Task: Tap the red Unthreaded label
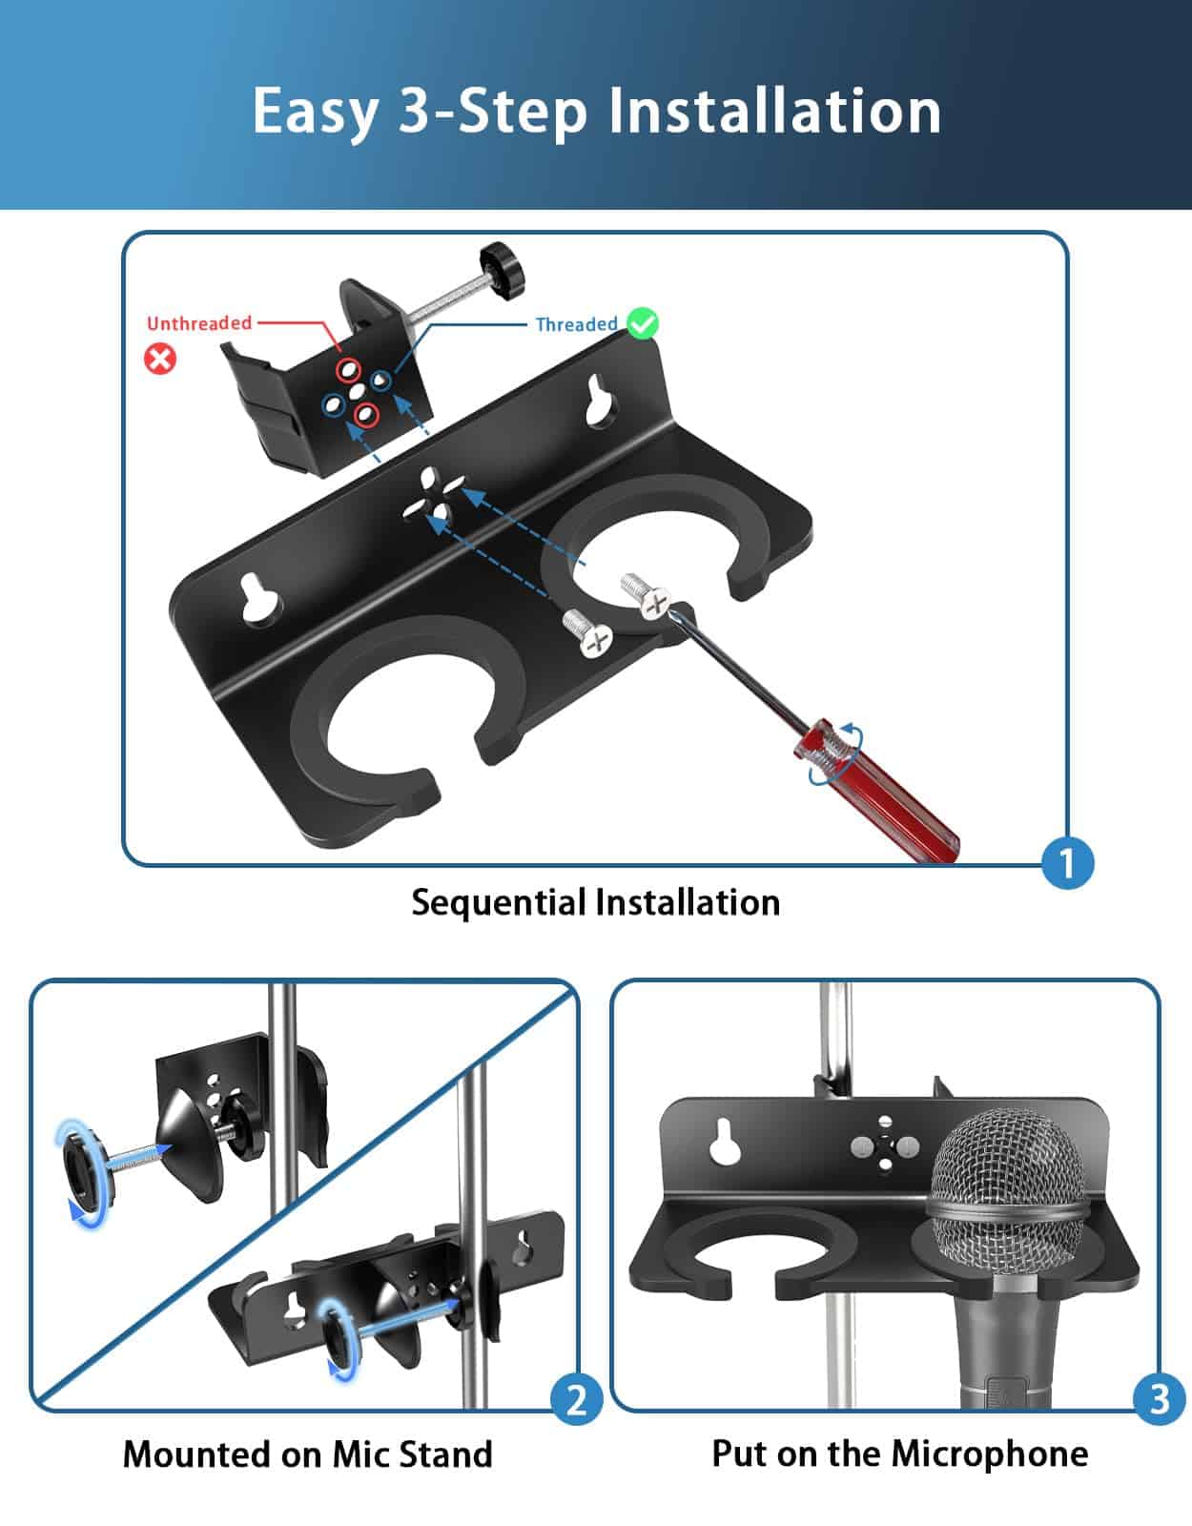[x=199, y=323]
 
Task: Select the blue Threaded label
[x=576, y=324]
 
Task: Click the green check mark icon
[x=644, y=323]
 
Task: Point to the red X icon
[x=160, y=359]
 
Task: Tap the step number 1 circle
[x=1067, y=863]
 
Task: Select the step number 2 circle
[x=577, y=1400]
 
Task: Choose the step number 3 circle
[x=1159, y=1399]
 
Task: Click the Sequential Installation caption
[x=595, y=902]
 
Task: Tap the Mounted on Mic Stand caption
[x=307, y=1454]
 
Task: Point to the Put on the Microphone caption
[x=899, y=1454]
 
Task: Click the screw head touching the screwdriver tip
[x=655, y=603]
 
